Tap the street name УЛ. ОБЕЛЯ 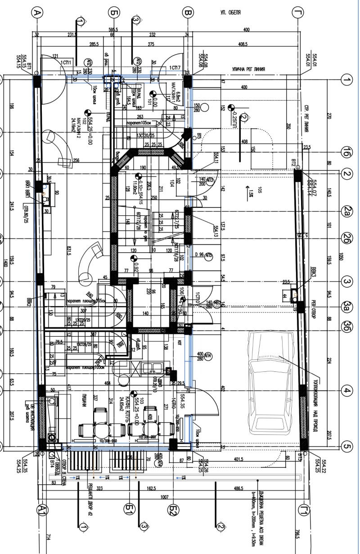pos(230,13)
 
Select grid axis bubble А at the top pos(37,13)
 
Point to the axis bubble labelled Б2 pos(173,510)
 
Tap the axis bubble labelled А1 pos(43,509)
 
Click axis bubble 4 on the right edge pos(346,391)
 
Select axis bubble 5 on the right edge pos(346,447)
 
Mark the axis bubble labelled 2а pos(346,210)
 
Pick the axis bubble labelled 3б pos(346,325)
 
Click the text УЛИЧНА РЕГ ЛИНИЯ pos(248,70)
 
